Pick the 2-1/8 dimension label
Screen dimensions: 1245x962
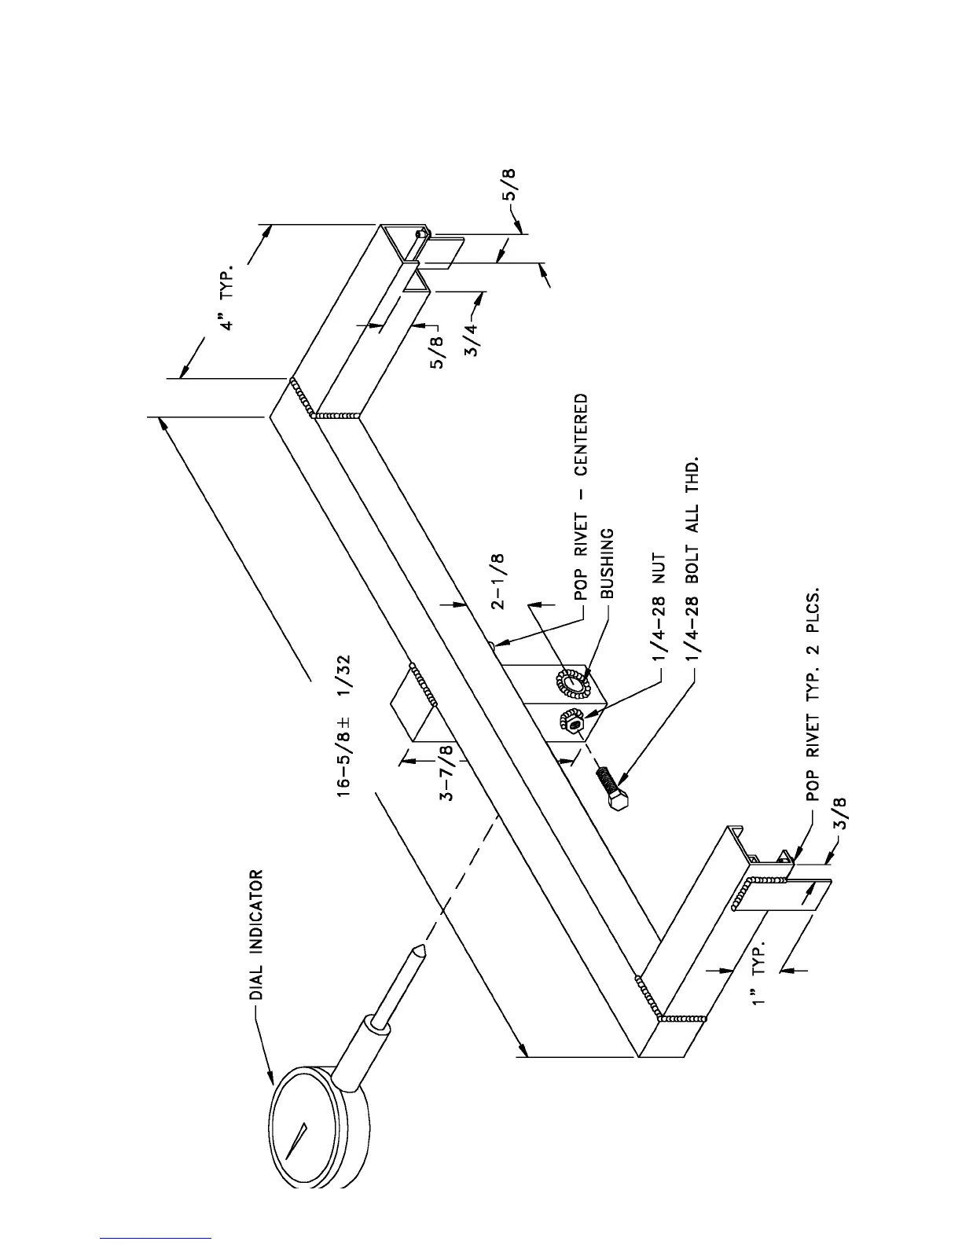[x=498, y=582]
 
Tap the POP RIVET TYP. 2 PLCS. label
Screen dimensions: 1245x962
[x=813, y=691]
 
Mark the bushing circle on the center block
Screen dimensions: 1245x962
[x=572, y=682]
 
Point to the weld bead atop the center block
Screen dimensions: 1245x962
[x=423, y=684]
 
